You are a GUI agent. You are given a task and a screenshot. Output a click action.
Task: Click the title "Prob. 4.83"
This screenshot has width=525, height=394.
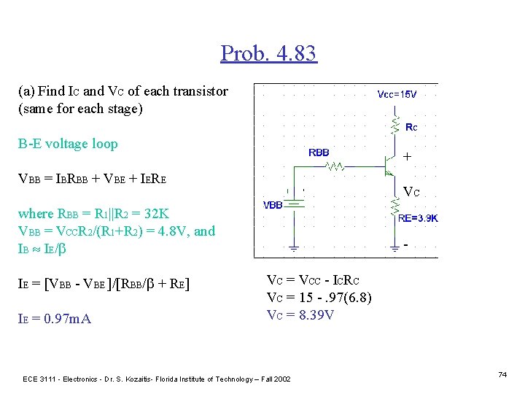coord(268,53)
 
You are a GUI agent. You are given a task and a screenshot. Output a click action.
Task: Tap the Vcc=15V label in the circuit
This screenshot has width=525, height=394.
coord(397,94)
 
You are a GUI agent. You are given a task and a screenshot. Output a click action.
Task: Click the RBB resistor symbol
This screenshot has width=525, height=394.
coord(337,167)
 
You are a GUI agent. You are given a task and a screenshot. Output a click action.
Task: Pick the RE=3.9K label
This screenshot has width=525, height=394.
coord(418,217)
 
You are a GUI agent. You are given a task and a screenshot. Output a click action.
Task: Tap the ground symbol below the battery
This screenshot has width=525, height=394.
coord(294,247)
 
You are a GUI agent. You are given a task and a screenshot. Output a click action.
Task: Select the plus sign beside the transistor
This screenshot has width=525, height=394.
coord(406,156)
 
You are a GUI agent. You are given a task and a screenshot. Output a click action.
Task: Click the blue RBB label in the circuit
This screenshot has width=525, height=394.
coord(319,152)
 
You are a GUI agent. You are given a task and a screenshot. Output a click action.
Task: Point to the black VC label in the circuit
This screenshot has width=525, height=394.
coord(412,193)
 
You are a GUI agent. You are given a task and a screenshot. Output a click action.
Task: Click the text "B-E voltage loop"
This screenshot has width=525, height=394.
coord(68,144)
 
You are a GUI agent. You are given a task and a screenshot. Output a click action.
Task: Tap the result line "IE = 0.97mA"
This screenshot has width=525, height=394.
coord(55,319)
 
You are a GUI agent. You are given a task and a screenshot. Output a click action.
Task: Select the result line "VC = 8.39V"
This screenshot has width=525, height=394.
coord(300,315)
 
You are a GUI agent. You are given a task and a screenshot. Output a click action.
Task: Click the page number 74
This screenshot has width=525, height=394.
coord(502,374)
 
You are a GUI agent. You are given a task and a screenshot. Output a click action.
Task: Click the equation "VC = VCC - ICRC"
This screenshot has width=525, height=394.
coord(314,281)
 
